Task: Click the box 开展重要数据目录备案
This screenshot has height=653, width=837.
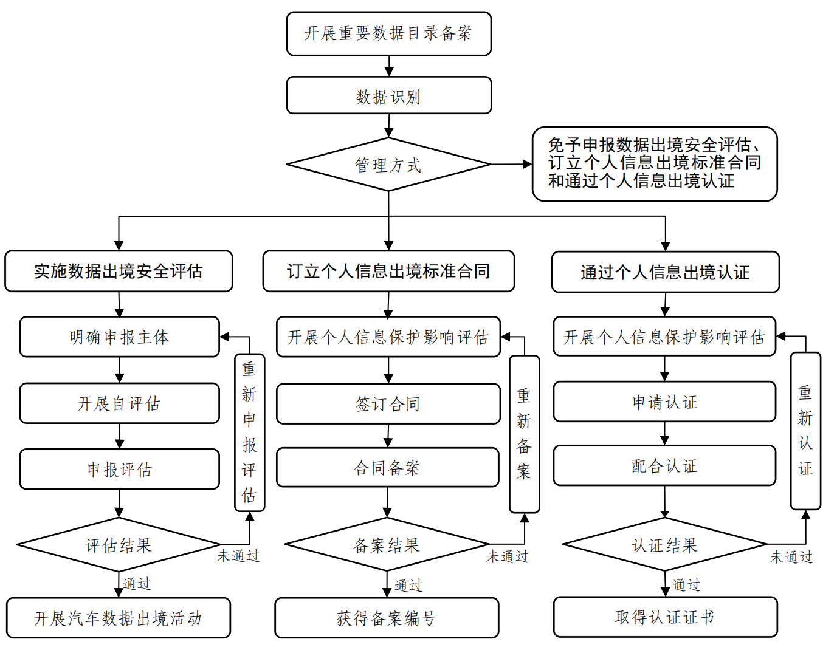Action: point(388,33)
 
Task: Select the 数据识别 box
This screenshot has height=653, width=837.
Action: point(388,95)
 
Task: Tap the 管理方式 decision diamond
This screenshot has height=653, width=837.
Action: point(388,165)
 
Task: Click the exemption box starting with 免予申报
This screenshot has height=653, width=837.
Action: point(654,163)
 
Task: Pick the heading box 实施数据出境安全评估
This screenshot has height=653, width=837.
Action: point(119,271)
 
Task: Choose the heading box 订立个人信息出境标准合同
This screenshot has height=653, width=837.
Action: point(388,271)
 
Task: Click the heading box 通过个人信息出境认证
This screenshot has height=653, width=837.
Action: point(665,272)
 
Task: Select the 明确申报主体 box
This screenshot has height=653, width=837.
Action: point(119,337)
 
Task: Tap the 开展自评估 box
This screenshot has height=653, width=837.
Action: point(119,403)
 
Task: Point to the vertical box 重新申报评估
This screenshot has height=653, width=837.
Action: point(249,432)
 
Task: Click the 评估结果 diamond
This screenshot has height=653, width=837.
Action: point(119,545)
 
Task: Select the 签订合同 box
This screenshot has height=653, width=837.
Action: point(388,403)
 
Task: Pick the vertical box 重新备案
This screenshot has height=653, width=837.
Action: point(524,434)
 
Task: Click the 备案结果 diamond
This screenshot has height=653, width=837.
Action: point(387,545)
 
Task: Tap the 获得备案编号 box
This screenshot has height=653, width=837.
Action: point(387,618)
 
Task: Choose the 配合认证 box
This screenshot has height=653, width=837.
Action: point(664,465)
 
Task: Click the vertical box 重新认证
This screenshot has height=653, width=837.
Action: point(805,431)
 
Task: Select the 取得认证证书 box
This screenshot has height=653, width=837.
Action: point(665,617)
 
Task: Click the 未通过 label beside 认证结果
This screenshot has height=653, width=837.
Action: point(791,557)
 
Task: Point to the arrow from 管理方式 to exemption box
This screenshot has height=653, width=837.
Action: point(511,164)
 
